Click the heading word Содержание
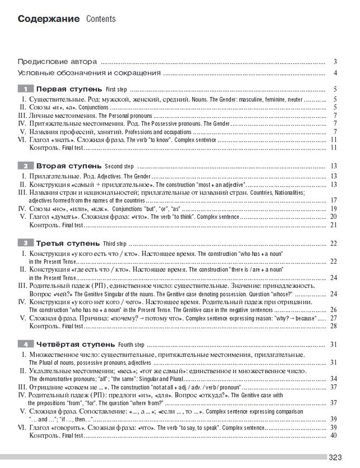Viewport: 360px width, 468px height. click(49, 19)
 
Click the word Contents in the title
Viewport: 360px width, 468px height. click(101, 19)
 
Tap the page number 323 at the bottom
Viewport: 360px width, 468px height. click(335, 458)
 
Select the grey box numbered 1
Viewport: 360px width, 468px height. click(26, 89)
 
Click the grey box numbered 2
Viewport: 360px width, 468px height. click(26, 166)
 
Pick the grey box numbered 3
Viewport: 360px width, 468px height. click(26, 244)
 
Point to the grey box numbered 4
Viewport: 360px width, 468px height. click(26, 345)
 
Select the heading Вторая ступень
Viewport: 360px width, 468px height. click(69, 166)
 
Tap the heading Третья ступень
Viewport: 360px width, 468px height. click(68, 244)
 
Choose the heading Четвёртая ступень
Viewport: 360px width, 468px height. click(76, 345)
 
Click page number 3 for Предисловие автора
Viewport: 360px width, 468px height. click(335, 62)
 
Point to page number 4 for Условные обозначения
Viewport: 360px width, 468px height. click(335, 73)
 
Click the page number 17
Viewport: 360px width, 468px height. click(333, 201)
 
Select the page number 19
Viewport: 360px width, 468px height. click(333, 209)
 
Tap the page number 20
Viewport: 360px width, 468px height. click(333, 217)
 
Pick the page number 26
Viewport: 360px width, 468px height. click(333, 310)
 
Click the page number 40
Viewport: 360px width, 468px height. click(333, 436)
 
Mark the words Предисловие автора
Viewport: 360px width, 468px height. click(57, 62)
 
